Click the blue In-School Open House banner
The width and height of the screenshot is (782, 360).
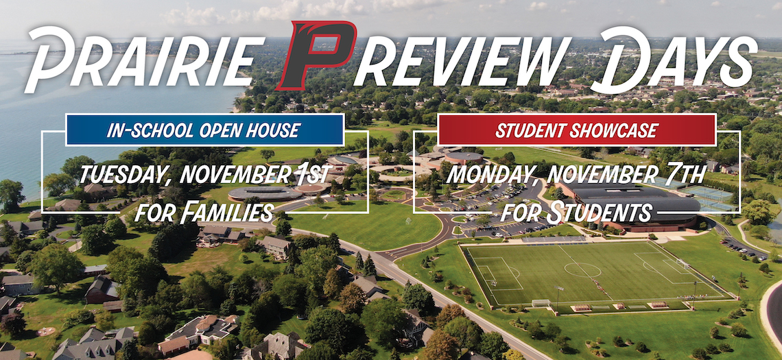pos(204,130)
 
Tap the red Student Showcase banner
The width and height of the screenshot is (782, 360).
pos(576,130)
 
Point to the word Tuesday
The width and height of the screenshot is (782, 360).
pos(126,175)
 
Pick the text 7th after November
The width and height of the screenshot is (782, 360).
pos(687,174)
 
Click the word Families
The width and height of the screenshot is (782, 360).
pos(227,212)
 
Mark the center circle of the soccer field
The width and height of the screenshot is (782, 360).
pos(582,269)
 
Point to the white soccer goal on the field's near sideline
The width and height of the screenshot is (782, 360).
pos(541,302)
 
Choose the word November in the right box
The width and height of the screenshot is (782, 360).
pos(605,175)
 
